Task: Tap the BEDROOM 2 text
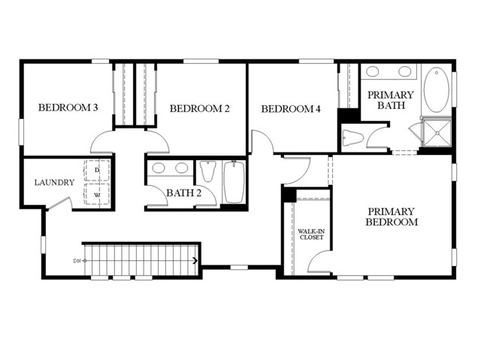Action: tap(199, 109)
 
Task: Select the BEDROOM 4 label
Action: tap(291, 110)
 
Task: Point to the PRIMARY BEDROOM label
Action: tap(391, 216)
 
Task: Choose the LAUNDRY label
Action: tap(54, 183)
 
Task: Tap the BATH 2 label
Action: tap(183, 193)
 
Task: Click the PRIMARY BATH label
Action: tap(390, 100)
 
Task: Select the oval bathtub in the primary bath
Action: tap(435, 90)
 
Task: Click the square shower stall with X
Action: tap(436, 133)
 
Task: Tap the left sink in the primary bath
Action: tap(374, 72)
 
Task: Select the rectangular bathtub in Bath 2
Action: tap(233, 181)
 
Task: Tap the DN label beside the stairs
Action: tap(76, 261)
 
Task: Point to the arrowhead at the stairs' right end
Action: tap(196, 261)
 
